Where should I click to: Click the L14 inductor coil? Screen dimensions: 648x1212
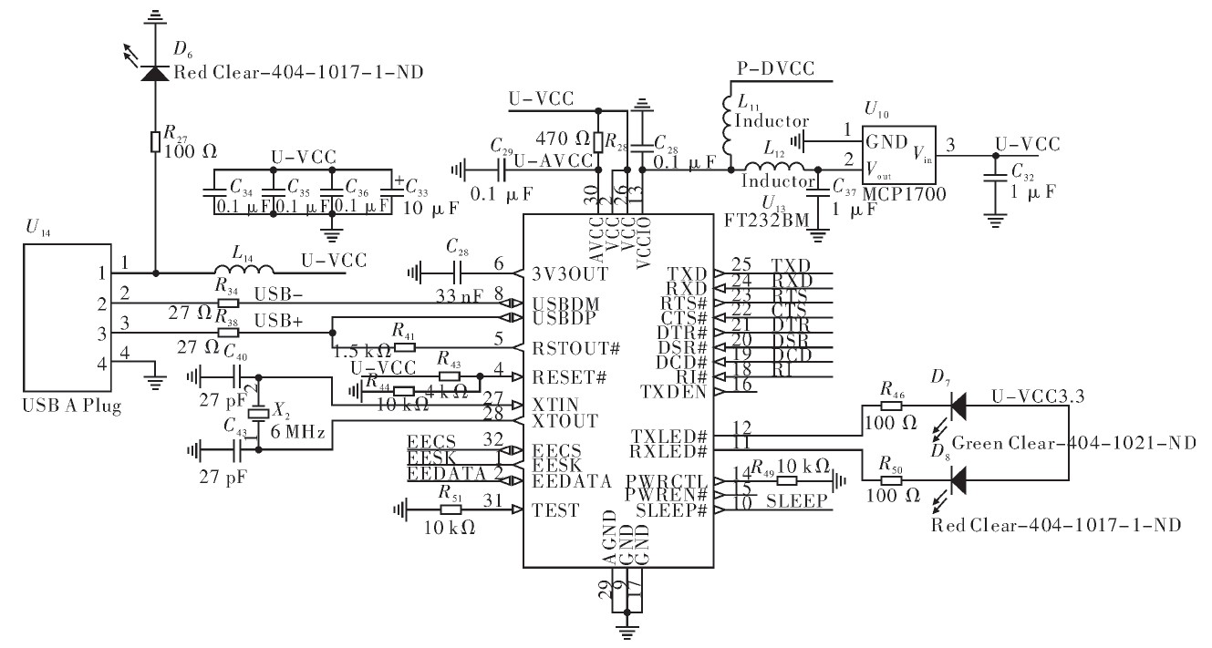click(244, 271)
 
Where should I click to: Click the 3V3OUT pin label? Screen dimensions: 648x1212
click(573, 271)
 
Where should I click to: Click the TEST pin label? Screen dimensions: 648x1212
click(555, 510)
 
